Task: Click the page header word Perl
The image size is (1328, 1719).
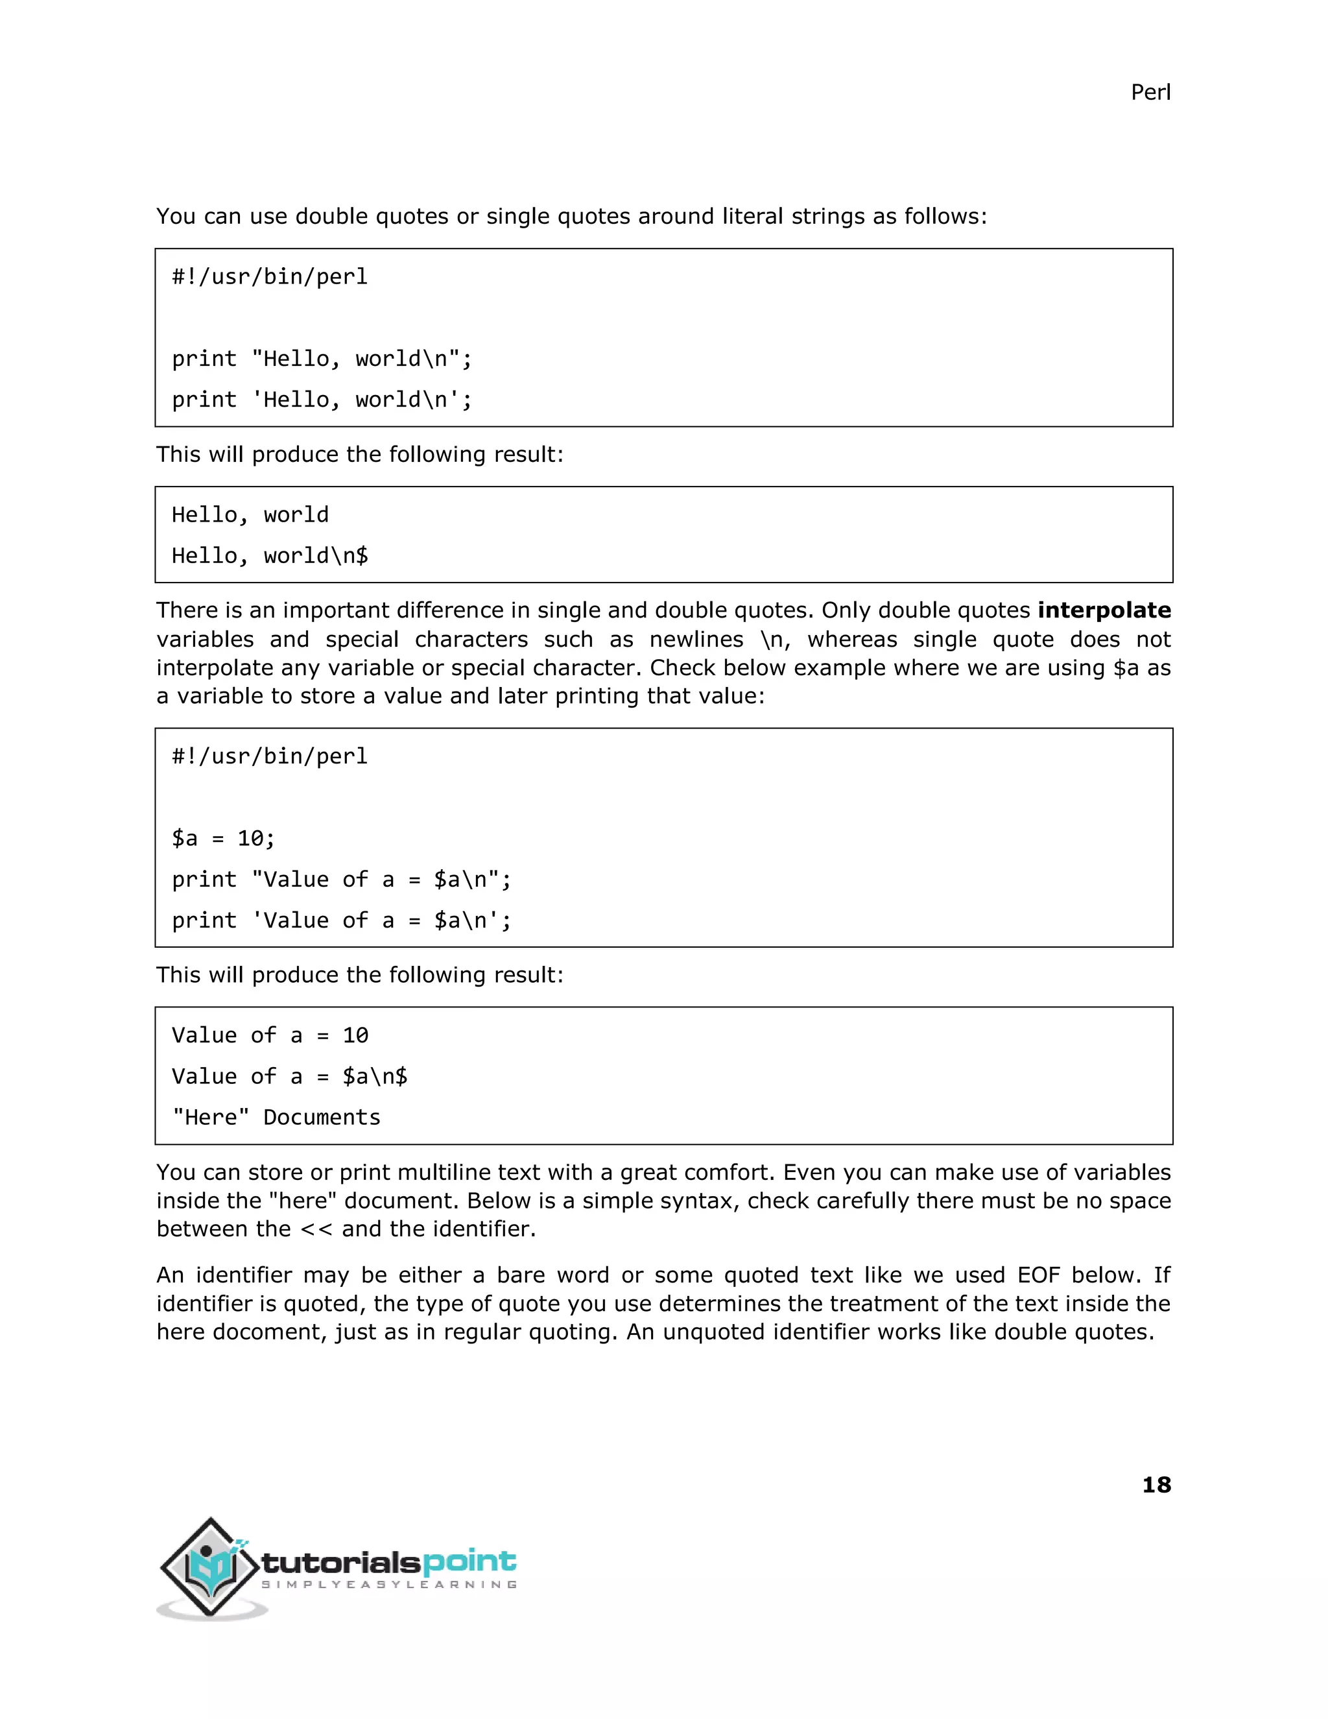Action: coord(1150,92)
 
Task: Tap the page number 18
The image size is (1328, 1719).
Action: coord(1156,1484)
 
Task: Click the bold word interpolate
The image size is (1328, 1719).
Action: coord(1104,610)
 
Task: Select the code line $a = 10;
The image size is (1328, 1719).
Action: coord(224,838)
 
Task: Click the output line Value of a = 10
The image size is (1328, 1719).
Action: coord(270,1035)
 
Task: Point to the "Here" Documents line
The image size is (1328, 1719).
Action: coord(276,1117)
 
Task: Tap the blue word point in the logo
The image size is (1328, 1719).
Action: coord(469,1561)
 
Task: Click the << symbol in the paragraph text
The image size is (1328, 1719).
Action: coord(316,1229)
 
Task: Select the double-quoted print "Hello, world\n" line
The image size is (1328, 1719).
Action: coord(322,359)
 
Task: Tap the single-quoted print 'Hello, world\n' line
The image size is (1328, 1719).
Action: coord(322,400)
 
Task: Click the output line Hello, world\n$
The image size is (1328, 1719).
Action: coord(270,556)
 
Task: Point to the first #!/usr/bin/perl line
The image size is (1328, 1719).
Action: coord(270,277)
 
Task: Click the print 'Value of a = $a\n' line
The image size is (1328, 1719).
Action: coord(342,920)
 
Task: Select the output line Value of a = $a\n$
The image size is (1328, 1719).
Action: coord(289,1076)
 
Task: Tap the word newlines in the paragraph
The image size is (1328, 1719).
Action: coord(696,639)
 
